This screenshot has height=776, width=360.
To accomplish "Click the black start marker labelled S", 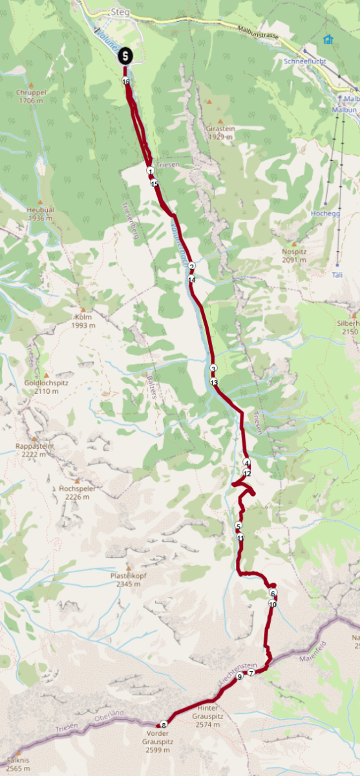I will coord(125,56).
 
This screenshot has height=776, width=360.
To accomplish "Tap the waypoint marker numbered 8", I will coord(164,724).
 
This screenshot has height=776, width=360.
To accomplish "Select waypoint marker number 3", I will coord(213,369).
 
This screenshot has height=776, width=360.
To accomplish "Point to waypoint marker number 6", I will coord(273,594).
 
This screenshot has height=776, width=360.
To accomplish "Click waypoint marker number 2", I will coord(191,266).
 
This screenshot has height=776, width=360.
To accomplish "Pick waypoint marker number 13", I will coord(214,383).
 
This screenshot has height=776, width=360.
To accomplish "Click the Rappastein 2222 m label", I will coord(34,450).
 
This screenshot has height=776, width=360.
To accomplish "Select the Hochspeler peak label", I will coord(77,492).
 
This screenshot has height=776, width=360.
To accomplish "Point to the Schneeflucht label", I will coord(305,61).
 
